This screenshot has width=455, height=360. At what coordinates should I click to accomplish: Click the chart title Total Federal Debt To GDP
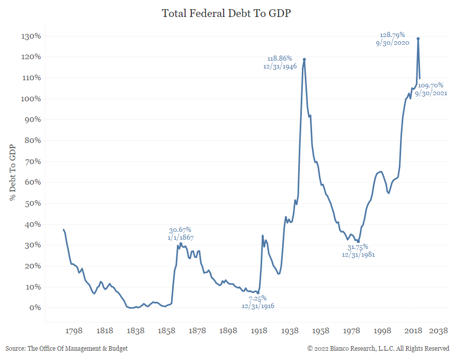click(x=227, y=13)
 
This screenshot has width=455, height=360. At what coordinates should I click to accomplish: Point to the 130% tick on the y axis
click(x=30, y=37)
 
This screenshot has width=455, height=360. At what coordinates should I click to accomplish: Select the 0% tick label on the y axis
click(x=34, y=308)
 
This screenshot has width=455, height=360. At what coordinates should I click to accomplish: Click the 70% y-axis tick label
click(x=32, y=161)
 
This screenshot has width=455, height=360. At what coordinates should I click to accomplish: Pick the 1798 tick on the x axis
click(x=74, y=331)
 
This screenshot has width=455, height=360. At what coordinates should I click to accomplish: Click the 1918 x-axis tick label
click(x=259, y=331)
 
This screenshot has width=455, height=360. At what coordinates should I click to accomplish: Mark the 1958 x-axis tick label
click(x=321, y=331)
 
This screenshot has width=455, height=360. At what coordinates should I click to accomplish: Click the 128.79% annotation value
click(x=392, y=34)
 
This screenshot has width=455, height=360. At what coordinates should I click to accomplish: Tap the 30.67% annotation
click(x=180, y=230)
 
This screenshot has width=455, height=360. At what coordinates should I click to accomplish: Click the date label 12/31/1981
click(x=358, y=255)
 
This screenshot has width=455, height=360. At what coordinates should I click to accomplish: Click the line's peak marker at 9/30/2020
click(x=418, y=39)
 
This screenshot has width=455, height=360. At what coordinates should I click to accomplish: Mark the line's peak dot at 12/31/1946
click(x=304, y=59)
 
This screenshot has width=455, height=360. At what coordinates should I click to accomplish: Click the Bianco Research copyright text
click(x=378, y=349)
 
